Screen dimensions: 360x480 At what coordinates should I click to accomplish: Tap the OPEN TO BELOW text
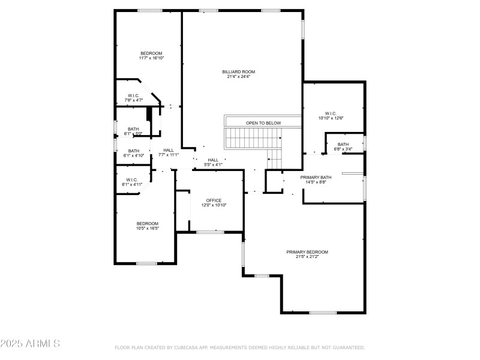[263, 123]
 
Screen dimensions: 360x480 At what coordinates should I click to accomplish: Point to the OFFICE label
[214, 200]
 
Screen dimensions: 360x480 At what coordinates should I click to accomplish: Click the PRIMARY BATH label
[316, 177]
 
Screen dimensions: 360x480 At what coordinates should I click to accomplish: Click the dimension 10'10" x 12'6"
[331, 118]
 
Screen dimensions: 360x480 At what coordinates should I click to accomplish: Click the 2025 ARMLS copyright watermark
[30, 344]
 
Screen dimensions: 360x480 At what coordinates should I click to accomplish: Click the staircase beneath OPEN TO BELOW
[252, 139]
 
